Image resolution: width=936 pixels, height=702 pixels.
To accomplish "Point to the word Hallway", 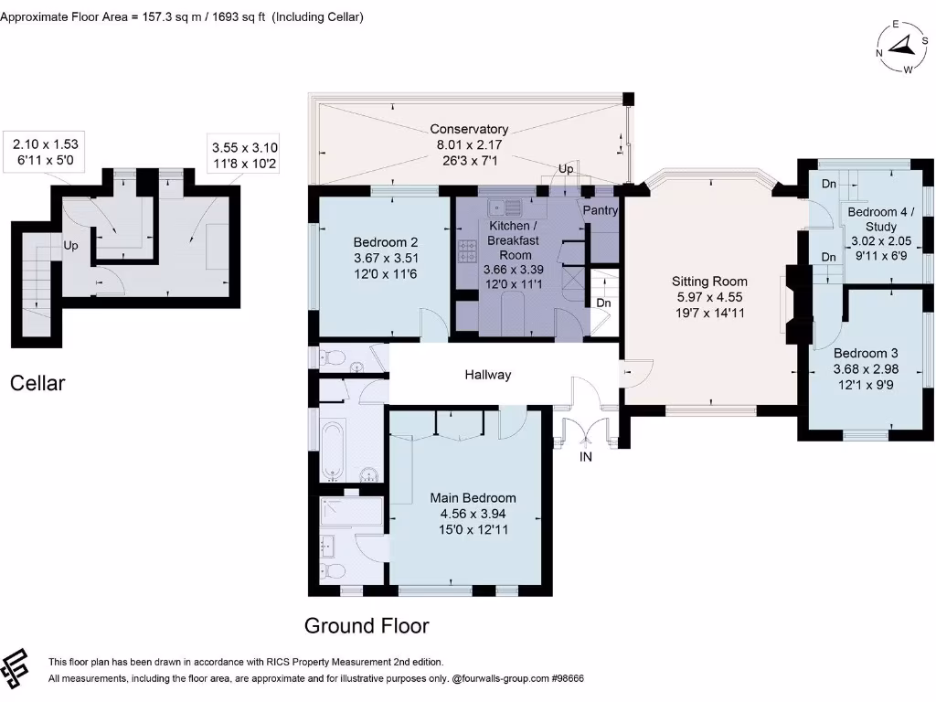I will click(x=487, y=375).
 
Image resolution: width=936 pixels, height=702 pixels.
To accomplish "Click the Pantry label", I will click(x=601, y=210).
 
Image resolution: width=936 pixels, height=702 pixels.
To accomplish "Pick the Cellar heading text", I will click(x=37, y=383).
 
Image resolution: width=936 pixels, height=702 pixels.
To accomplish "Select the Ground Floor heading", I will click(x=366, y=626).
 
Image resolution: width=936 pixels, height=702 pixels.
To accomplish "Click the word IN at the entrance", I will click(x=586, y=456).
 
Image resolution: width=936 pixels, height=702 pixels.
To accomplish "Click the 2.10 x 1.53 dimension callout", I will click(x=44, y=151).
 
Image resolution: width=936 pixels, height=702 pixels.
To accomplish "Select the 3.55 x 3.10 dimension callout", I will click(x=244, y=154).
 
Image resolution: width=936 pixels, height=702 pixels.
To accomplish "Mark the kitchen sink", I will click(x=504, y=207).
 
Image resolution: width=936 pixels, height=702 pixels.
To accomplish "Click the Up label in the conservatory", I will click(x=566, y=170).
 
